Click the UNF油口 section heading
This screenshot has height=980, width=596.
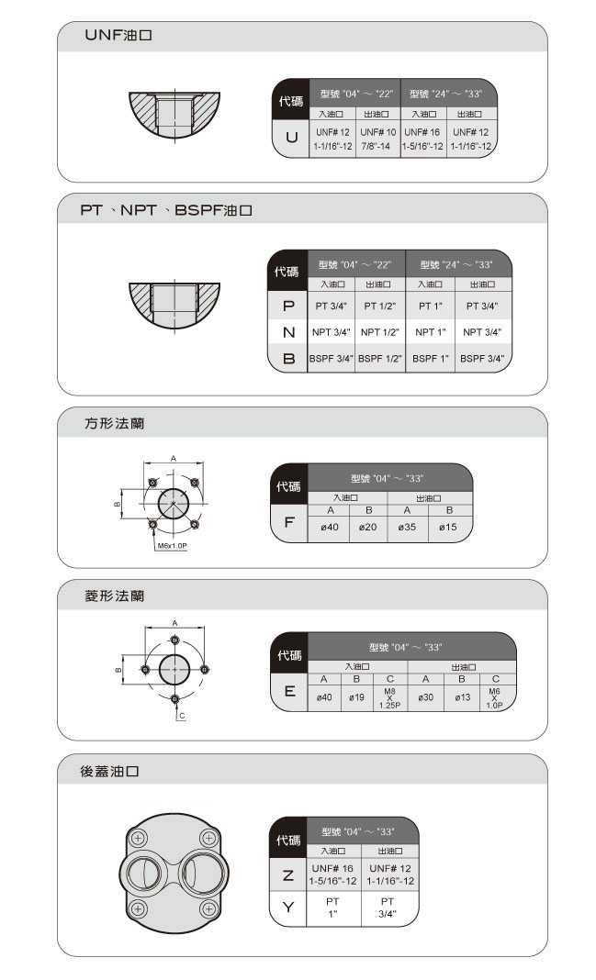point(118,35)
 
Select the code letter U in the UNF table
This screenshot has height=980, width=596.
point(291,137)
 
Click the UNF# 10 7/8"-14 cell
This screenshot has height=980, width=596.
point(377,139)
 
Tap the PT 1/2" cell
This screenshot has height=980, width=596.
point(380,306)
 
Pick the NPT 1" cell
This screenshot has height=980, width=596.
point(431,332)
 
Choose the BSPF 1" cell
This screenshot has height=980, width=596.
point(431,359)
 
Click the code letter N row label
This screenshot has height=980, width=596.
point(288,332)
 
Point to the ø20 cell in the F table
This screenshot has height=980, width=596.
point(367,527)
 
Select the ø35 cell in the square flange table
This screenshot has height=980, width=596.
point(407,527)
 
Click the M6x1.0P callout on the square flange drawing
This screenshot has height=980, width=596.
point(172,546)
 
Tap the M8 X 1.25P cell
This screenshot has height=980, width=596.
point(389,698)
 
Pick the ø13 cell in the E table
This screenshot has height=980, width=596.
point(462,696)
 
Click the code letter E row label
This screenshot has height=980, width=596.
point(289,691)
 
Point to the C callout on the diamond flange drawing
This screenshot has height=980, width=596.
point(181,716)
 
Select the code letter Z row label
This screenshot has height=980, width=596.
point(287,875)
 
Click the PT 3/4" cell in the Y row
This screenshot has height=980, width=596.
point(388,908)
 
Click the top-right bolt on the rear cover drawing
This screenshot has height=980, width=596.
point(209,838)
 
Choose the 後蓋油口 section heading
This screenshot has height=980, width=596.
point(109,772)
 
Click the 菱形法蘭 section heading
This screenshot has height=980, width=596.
point(115,596)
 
